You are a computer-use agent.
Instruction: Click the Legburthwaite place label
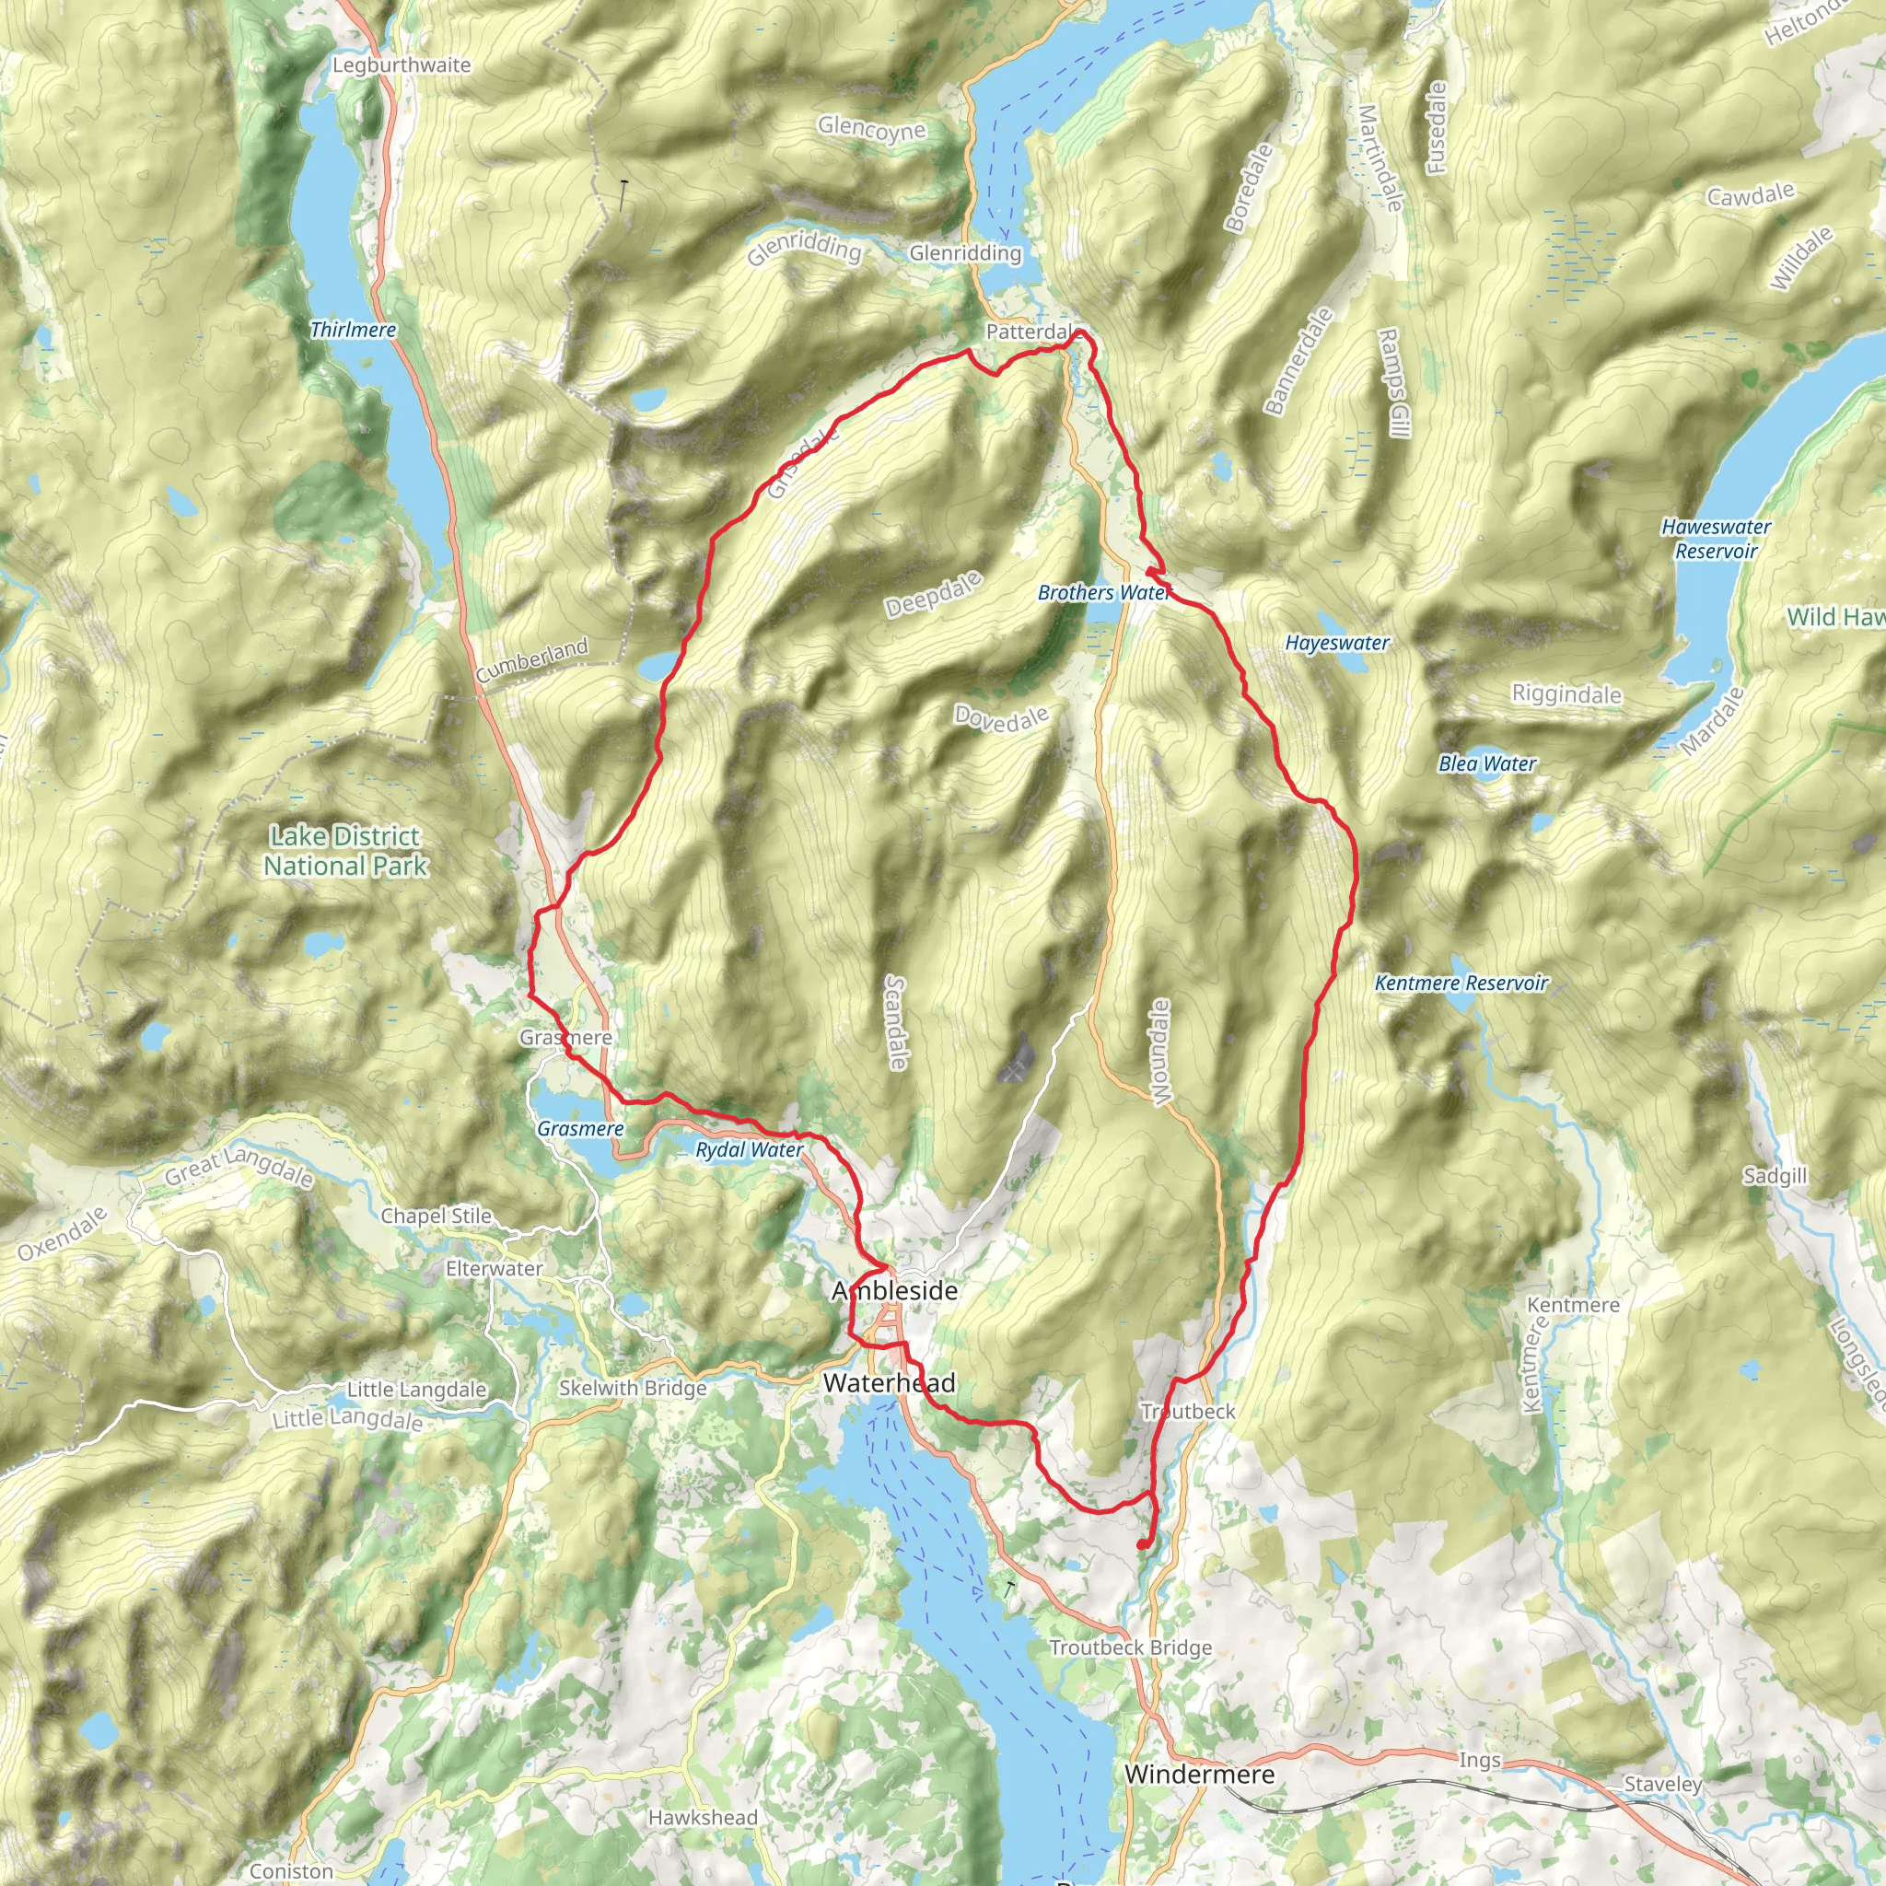click(402, 65)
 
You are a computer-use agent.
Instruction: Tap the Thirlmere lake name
click(353, 330)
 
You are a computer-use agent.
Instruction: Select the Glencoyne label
click(872, 128)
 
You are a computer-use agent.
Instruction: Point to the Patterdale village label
click(1028, 332)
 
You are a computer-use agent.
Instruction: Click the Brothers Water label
click(1102, 592)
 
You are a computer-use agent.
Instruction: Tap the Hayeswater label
click(1336, 644)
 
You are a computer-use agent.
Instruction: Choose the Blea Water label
click(1486, 763)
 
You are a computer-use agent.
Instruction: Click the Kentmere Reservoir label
click(1461, 983)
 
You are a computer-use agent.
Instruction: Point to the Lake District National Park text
click(345, 851)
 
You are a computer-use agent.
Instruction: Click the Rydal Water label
click(749, 1150)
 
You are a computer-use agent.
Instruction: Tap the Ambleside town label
click(894, 1290)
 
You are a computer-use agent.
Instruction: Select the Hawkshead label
click(702, 1818)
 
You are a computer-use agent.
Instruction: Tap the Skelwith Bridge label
click(633, 1388)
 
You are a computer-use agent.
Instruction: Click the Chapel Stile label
click(436, 1217)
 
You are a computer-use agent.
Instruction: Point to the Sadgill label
click(1775, 1176)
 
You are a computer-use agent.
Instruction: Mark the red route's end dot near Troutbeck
click(1142, 1545)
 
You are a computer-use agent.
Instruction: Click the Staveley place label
click(1662, 1785)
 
